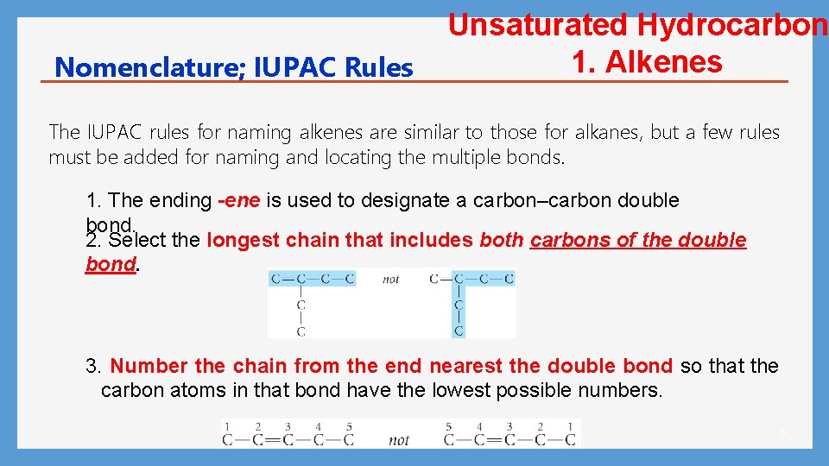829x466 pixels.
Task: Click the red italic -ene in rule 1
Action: tap(239, 201)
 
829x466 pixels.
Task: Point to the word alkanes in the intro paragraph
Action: tap(610, 132)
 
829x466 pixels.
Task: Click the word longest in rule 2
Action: tap(238, 240)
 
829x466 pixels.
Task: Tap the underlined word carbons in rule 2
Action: tap(571, 240)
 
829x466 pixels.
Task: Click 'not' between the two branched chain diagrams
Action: tap(392, 279)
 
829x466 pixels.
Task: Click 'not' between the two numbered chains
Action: tap(399, 440)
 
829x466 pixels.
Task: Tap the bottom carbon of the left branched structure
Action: tap(301, 331)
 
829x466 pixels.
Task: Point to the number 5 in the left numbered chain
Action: tap(348, 426)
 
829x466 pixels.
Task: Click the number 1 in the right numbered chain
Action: tap(570, 426)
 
